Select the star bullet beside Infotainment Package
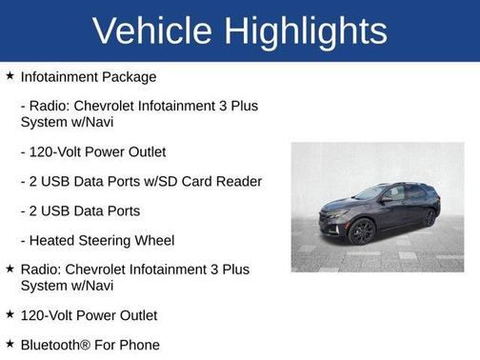pos(9,75)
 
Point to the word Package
pos(130,76)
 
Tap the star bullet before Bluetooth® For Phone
pos(9,344)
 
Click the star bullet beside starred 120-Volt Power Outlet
pos(9,314)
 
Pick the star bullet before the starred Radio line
pos(9,269)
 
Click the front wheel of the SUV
pos(362,232)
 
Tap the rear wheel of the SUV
pos(430,217)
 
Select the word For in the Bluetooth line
pos(104,345)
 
